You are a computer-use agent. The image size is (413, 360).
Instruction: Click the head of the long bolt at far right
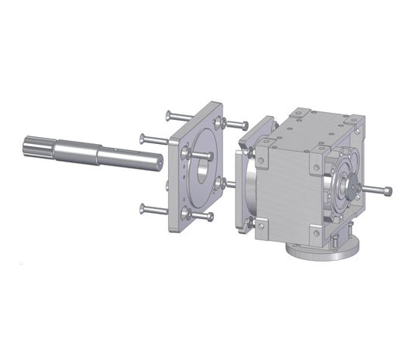point(387,191)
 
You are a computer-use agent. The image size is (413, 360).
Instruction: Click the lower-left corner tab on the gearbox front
point(261,224)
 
